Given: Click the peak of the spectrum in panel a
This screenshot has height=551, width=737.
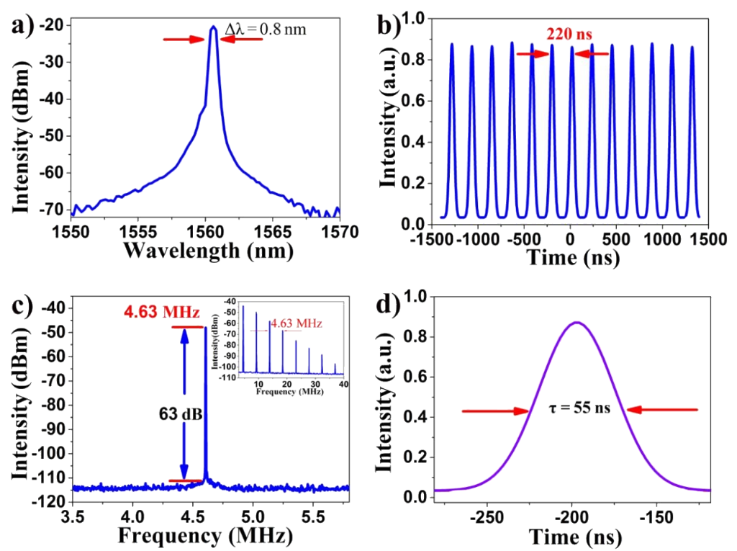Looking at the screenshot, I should pos(213,27).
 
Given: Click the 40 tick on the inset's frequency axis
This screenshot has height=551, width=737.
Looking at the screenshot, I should pos(343,385).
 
